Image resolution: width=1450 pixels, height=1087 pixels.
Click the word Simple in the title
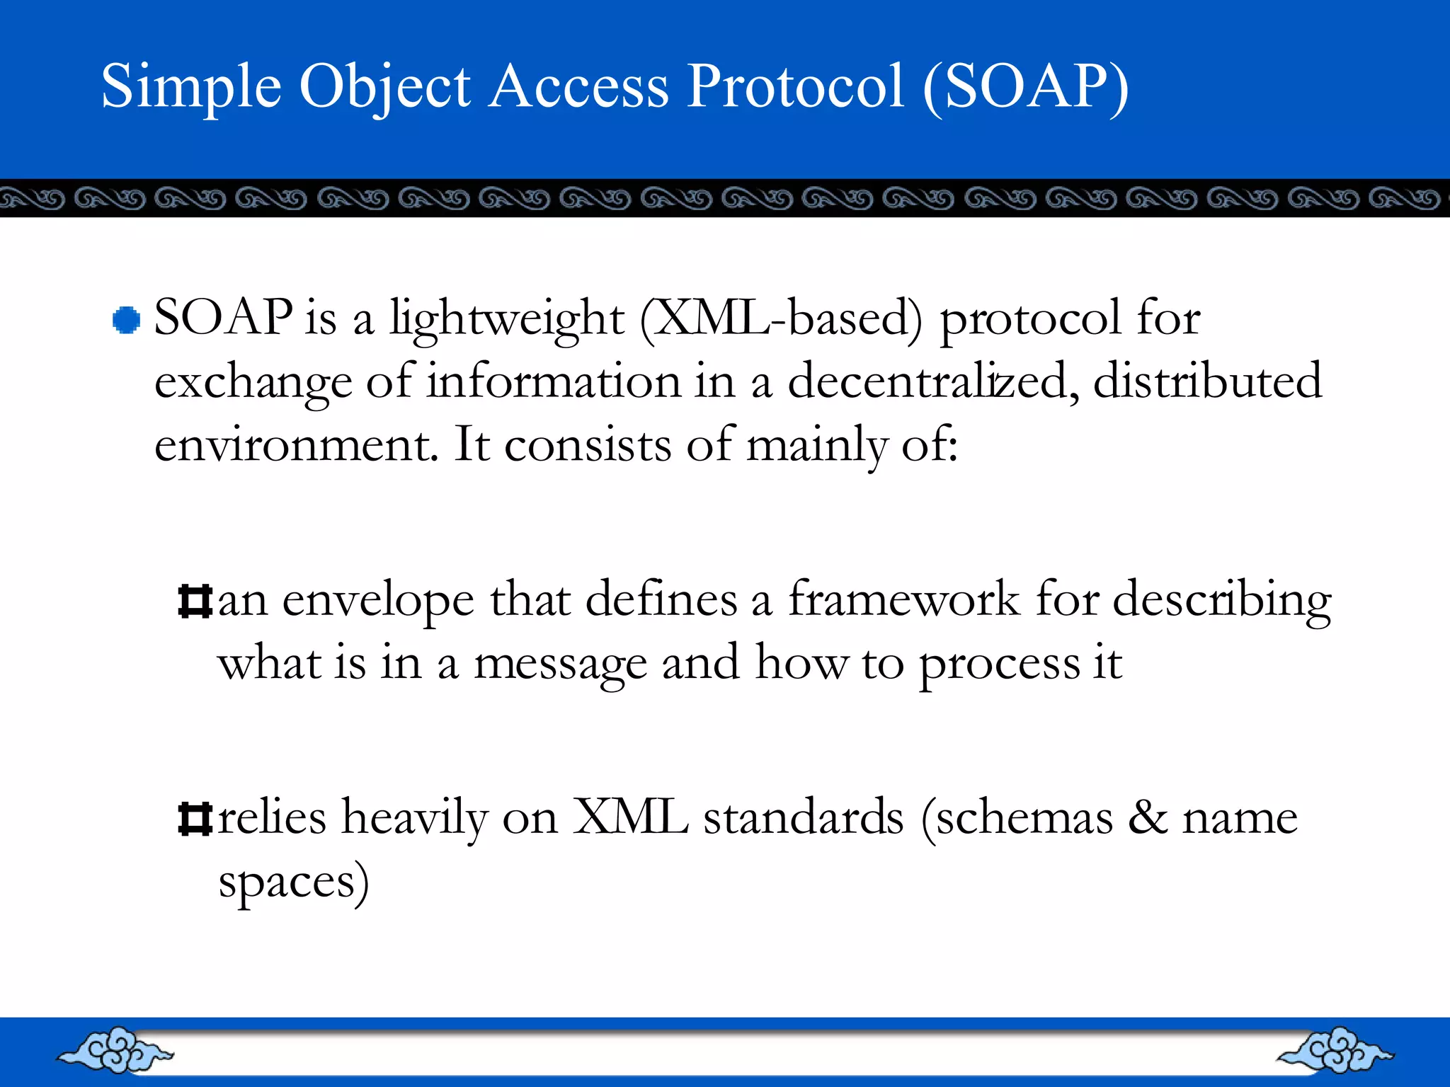(191, 87)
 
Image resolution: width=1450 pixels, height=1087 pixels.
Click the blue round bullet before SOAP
(126, 320)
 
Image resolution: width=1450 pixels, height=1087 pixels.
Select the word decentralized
(933, 382)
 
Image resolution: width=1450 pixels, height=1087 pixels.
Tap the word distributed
(1207, 382)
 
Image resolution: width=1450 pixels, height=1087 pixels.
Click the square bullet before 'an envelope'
(195, 602)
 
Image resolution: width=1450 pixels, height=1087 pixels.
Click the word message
(559, 665)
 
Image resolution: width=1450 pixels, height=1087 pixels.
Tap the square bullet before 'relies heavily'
(195, 819)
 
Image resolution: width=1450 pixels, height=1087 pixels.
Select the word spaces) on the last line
(293, 883)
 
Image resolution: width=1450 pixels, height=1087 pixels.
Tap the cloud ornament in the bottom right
(1335, 1051)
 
